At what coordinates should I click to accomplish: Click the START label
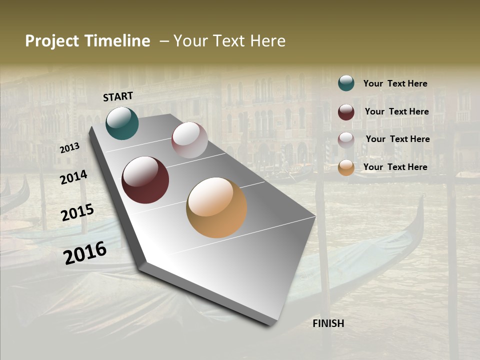coord(118,96)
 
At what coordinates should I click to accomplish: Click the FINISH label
coord(328,323)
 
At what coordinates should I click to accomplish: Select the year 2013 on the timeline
coord(70,148)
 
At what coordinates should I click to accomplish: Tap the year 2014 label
coord(74,177)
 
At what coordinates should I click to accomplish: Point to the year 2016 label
coord(85,252)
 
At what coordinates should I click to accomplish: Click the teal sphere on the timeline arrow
coord(122,123)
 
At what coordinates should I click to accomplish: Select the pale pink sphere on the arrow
coord(189,140)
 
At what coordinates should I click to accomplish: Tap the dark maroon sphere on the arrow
coord(145,180)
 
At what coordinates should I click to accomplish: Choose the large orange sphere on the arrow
coord(216,207)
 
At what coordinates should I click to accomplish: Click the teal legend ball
coord(346,83)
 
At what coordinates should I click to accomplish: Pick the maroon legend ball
coord(346,112)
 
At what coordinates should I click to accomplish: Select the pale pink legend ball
coord(346,140)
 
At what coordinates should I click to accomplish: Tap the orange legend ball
coord(346,167)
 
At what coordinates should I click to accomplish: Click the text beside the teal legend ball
coord(395,83)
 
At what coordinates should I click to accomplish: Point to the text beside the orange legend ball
coord(395,167)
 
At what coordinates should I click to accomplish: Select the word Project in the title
coord(51,41)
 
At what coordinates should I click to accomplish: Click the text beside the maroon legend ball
coord(396,111)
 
